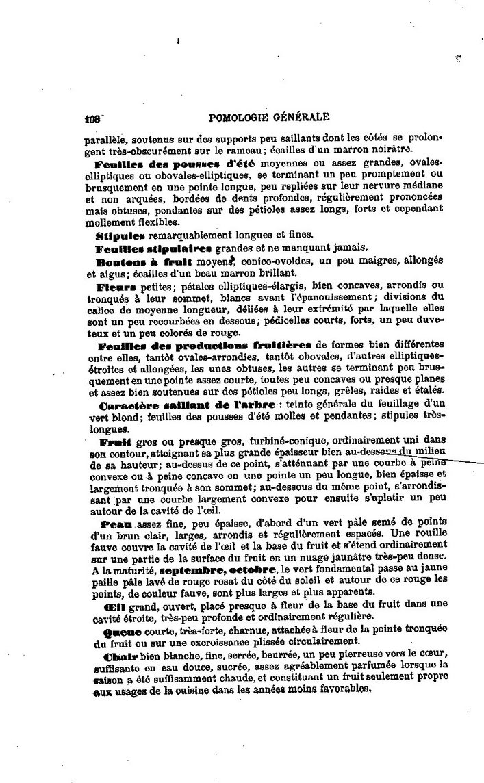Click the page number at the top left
92,117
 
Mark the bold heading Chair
114,656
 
